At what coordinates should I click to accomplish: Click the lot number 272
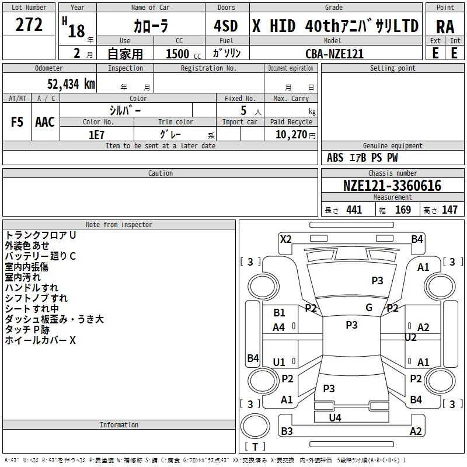coord(29,25)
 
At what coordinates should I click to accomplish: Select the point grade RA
coord(445,27)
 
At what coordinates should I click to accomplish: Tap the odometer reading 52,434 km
coord(71,84)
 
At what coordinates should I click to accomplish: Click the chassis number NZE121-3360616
coord(392,186)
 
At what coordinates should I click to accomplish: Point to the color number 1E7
coord(96,135)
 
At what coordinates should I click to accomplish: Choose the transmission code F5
coord(17,122)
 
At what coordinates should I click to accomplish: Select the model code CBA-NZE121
coord(334,54)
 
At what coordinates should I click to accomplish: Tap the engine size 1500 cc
coord(183,54)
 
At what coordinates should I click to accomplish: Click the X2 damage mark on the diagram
coord(285,239)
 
